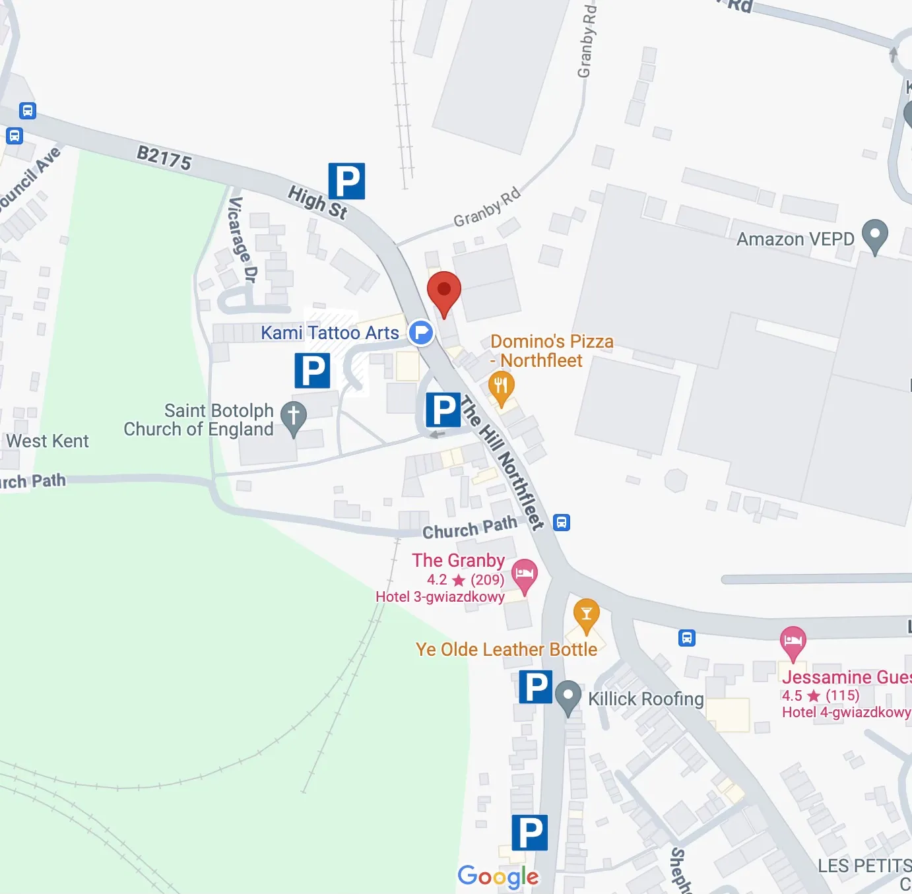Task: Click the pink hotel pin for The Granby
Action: (525, 575)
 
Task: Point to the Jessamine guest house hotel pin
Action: (793, 642)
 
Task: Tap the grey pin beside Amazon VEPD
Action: (874, 236)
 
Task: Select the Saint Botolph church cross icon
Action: (294, 418)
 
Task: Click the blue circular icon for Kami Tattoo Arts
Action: (420, 333)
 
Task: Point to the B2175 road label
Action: (164, 158)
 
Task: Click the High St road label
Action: (317, 202)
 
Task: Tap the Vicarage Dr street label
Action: (241, 239)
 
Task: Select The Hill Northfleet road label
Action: (503, 462)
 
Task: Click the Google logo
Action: (498, 876)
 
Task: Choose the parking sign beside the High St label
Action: (346, 181)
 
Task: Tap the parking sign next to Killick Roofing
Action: (535, 687)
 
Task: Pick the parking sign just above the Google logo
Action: (529, 833)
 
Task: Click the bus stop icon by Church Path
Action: (561, 523)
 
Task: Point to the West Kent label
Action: (48, 441)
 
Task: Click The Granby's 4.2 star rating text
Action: (465, 580)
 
